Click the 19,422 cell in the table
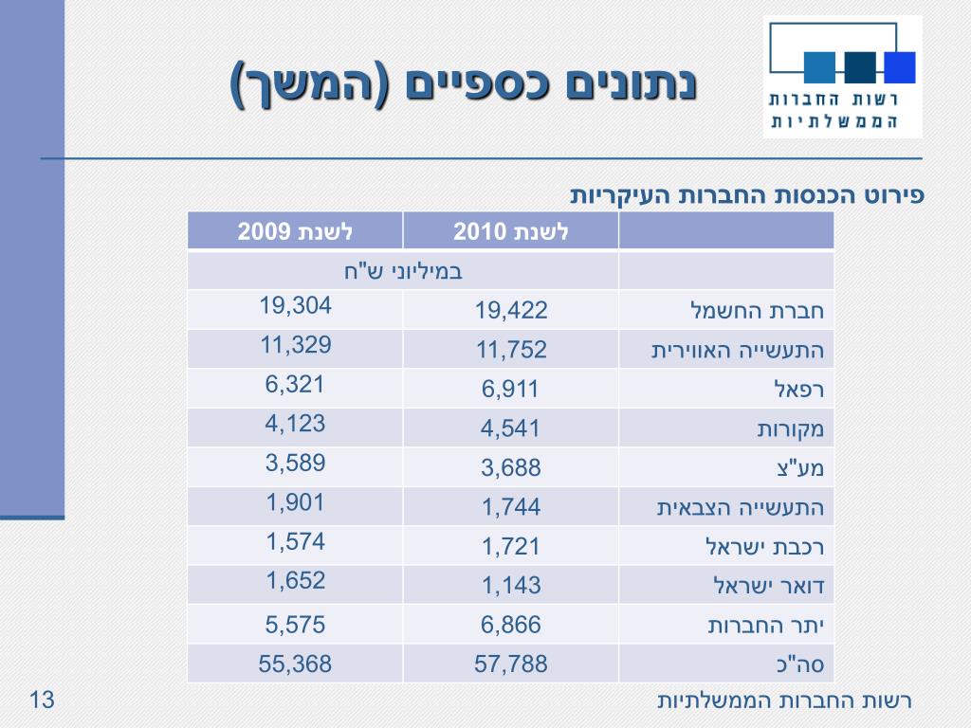click(x=511, y=311)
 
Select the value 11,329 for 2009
click(x=296, y=345)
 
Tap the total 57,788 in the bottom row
click(x=511, y=664)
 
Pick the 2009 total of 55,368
click(x=296, y=664)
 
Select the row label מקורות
click(x=790, y=428)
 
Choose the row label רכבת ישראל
click(x=764, y=547)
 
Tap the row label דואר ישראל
click(x=768, y=586)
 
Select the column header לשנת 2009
click(x=295, y=231)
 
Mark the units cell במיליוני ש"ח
click(x=403, y=271)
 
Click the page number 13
click(x=43, y=701)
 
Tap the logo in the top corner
click(x=842, y=77)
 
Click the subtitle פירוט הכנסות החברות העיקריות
click(x=746, y=195)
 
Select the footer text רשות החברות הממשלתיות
click(x=784, y=701)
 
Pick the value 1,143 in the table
click(x=511, y=586)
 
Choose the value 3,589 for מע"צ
click(x=296, y=464)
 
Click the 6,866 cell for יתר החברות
click(x=511, y=625)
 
